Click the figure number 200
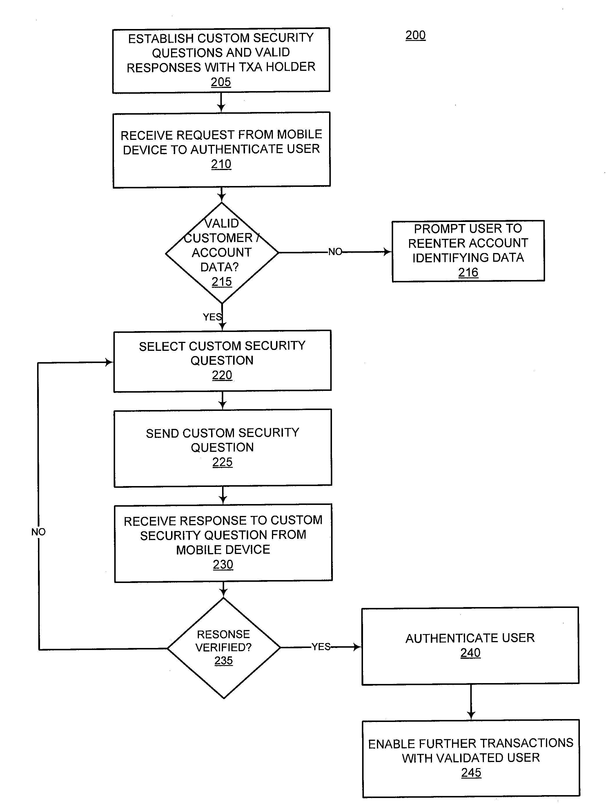(415, 35)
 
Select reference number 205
(221, 82)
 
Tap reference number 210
(221, 164)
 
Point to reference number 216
(468, 272)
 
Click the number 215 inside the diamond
(222, 282)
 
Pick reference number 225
(222, 462)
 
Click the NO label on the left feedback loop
(38, 532)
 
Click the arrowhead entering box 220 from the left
(109, 362)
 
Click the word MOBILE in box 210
(300, 134)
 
